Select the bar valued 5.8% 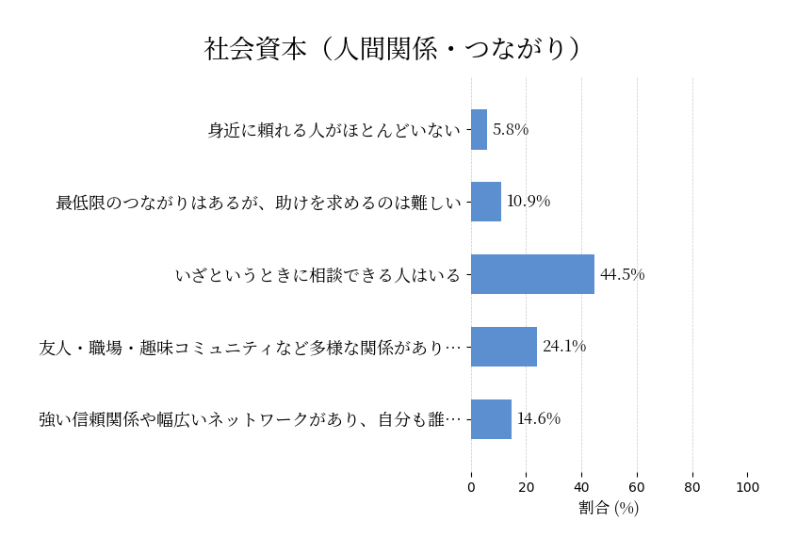point(479,130)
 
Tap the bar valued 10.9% point(486,202)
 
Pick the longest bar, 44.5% point(532,274)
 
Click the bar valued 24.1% point(504,347)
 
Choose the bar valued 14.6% point(491,419)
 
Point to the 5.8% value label point(511,130)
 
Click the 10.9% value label point(529,202)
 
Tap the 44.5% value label point(622,275)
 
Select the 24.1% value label point(564,347)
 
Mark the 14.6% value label point(538,419)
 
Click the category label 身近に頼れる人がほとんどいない point(334,130)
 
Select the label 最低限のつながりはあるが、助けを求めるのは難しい point(258,203)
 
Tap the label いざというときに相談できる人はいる point(317,275)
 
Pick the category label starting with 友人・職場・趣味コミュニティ point(251,348)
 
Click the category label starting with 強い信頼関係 point(251,420)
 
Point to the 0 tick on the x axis point(471,487)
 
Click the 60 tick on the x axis point(637,487)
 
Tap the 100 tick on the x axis point(747,487)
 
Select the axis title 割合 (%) point(609,508)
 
